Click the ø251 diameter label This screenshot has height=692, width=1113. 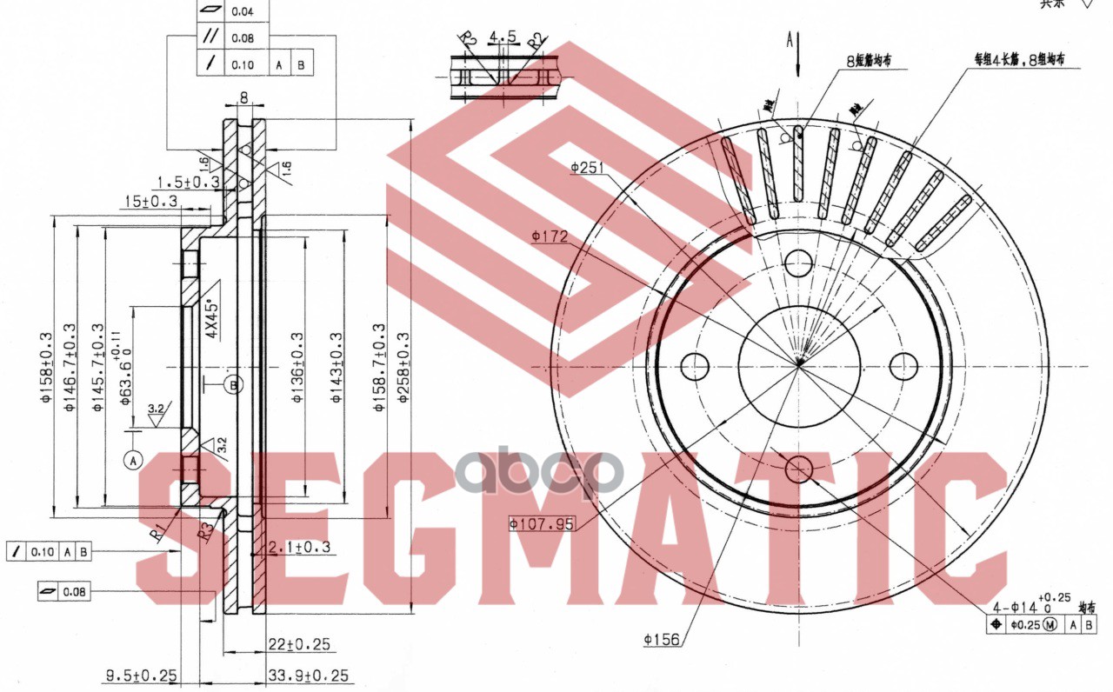click(587, 167)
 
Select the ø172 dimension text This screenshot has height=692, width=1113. click(550, 236)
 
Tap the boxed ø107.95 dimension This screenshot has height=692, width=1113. click(542, 523)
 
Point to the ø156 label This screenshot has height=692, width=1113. click(661, 641)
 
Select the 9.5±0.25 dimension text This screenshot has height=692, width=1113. click(142, 675)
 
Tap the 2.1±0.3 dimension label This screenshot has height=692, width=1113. click(299, 547)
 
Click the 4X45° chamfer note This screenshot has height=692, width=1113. click(209, 317)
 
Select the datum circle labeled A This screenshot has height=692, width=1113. click(132, 461)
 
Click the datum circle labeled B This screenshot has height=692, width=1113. click(233, 383)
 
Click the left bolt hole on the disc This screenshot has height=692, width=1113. click(696, 366)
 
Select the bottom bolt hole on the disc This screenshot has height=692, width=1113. click(798, 470)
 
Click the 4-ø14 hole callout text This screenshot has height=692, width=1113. click(1026, 607)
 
